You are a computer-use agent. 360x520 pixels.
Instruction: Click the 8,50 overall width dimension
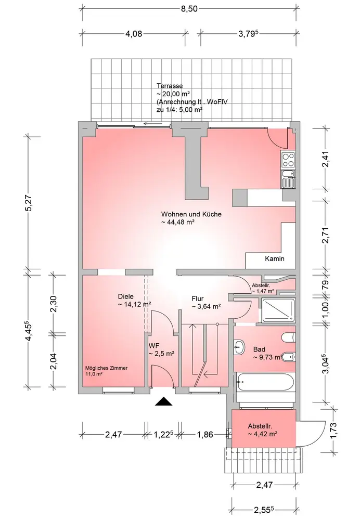point(189,9)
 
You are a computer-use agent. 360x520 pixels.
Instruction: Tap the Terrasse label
point(170,86)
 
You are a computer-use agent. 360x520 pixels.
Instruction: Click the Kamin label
point(275,258)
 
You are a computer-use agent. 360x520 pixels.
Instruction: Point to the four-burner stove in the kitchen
point(287,159)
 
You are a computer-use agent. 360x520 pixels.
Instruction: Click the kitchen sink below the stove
point(288,179)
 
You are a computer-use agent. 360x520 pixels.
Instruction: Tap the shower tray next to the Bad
point(278,310)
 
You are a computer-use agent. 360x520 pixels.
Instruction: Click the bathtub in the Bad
point(266,382)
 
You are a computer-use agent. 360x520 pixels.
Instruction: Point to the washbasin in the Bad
point(239,347)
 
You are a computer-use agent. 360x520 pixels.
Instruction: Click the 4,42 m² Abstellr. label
point(262,430)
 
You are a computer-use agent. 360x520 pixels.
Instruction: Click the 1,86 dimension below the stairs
point(205,434)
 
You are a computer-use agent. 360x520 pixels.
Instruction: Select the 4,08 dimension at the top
point(134,34)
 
